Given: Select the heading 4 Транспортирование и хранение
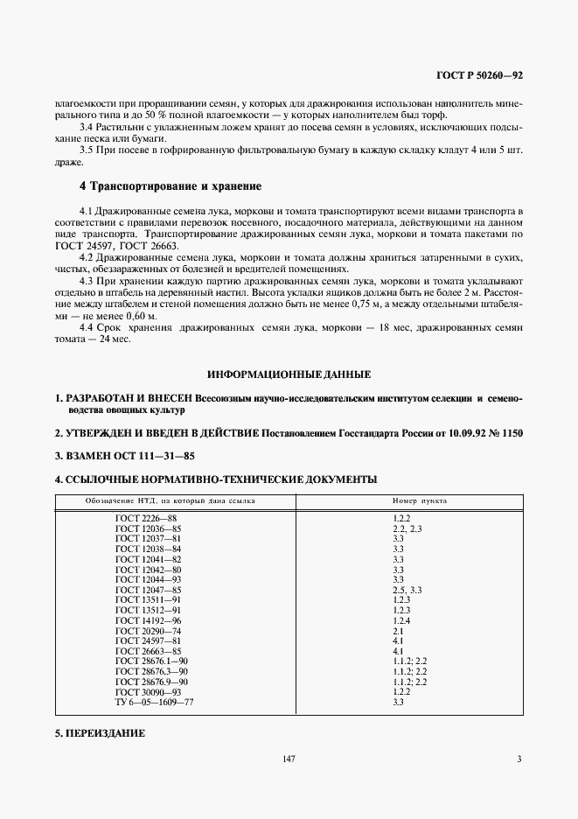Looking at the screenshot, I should pyautogui.click(x=171, y=186).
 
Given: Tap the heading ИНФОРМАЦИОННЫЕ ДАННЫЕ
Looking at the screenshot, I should pyautogui.click(x=289, y=374).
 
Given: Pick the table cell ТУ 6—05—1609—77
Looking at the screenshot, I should pyautogui.click(x=154, y=702).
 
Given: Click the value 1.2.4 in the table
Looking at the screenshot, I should pyautogui.click(x=401, y=620).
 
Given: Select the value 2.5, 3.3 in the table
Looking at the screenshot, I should pyautogui.click(x=407, y=590).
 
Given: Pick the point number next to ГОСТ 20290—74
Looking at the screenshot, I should pyautogui.click(x=398, y=631).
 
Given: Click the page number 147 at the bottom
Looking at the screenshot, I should pyautogui.click(x=289, y=759).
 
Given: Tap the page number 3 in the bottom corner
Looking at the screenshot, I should pyautogui.click(x=519, y=759).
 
